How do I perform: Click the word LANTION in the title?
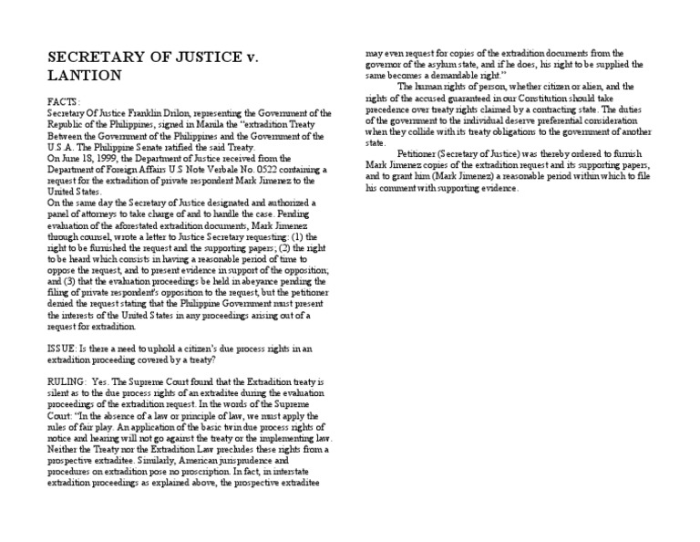point(84,75)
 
